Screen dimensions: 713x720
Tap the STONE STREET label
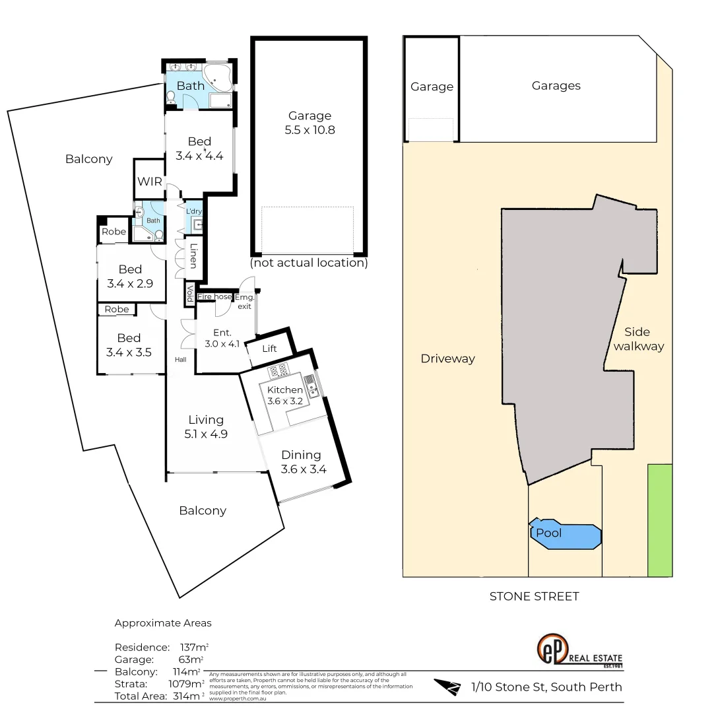coord(534,596)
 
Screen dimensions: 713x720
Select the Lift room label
coord(269,349)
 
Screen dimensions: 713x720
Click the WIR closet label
coord(150,182)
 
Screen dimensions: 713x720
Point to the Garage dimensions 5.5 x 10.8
coord(310,130)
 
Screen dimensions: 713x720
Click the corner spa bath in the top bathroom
coord(217,77)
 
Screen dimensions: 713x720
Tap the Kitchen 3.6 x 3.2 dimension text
coord(284,401)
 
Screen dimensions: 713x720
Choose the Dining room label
coord(301,455)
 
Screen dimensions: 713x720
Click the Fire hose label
coord(214,297)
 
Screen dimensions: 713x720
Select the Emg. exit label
coord(245,302)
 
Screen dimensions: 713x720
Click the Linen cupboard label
coord(193,256)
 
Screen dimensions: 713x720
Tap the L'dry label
coord(193,211)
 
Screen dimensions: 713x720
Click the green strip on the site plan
coord(659,520)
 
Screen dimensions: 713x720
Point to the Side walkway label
coord(638,339)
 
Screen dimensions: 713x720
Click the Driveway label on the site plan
coord(447,358)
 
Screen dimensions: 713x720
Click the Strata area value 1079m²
coord(187,684)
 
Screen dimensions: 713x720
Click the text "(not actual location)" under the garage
coord(309,263)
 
